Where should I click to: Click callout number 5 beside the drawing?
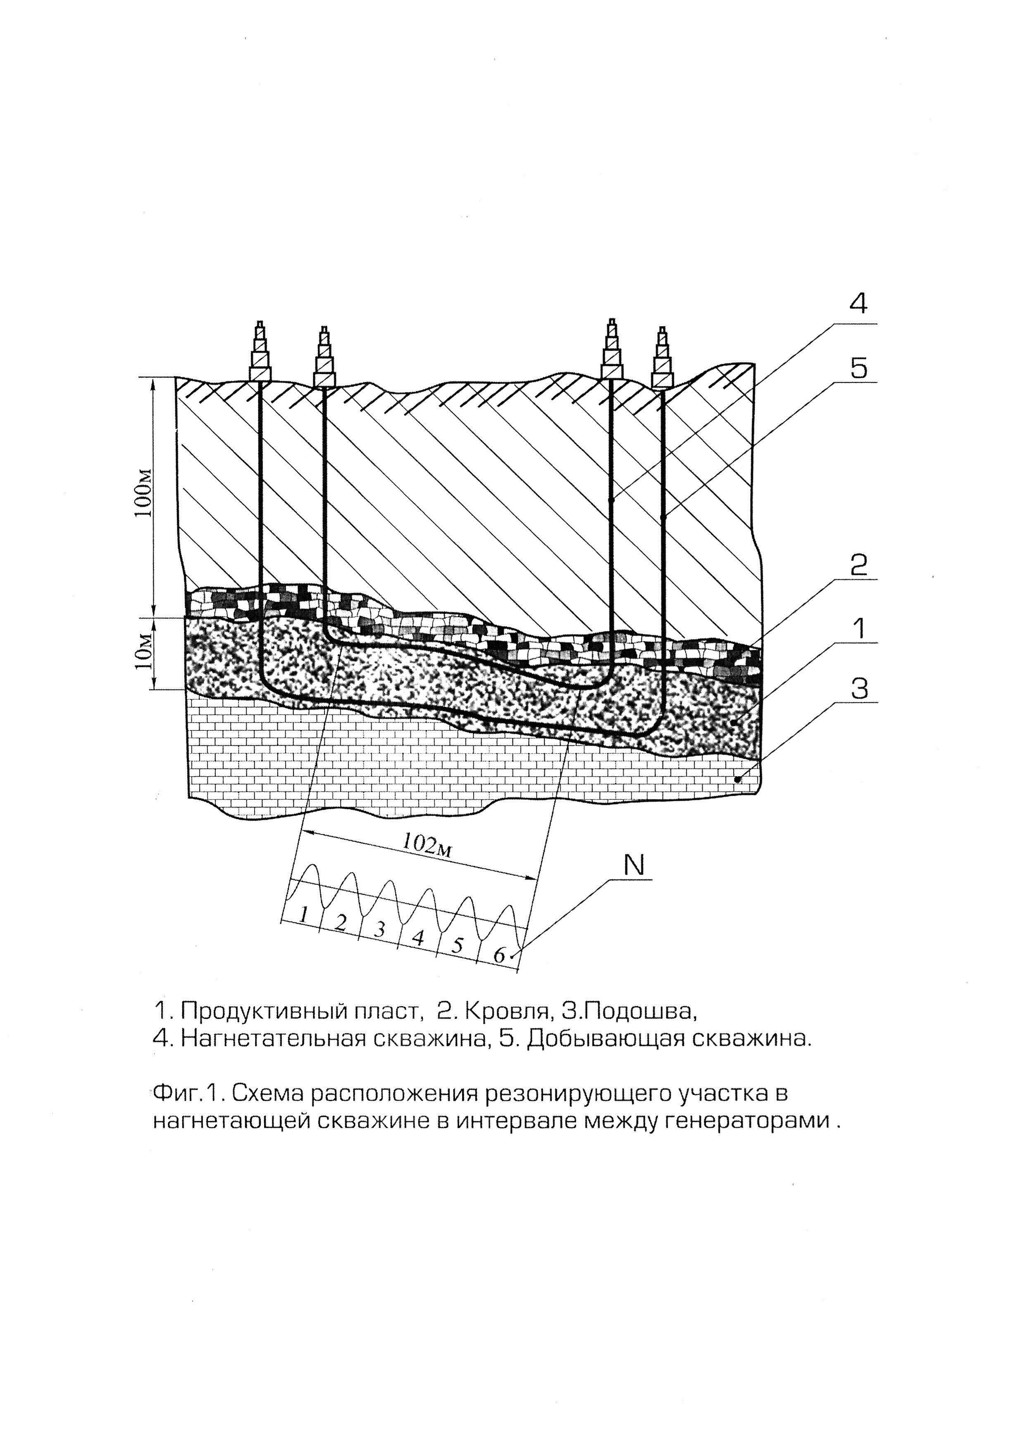[858, 368]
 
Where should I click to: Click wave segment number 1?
[304, 914]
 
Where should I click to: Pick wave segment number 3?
[379, 929]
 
